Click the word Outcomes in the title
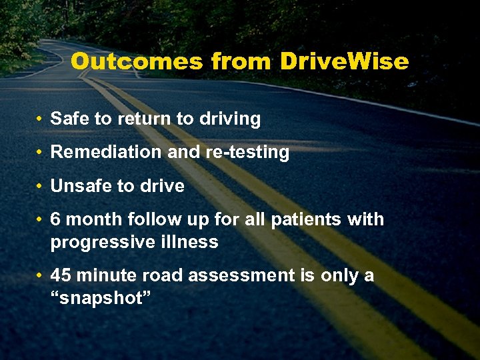pyautogui.click(x=137, y=61)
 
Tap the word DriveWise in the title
pyautogui.click(x=344, y=61)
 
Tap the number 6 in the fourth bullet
pyautogui.click(x=56, y=219)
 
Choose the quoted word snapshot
pyautogui.click(x=101, y=298)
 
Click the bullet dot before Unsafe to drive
pyautogui.click(x=41, y=187)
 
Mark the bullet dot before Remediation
pyautogui.click(x=41, y=153)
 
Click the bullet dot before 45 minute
pyautogui.click(x=41, y=276)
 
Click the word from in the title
pyautogui.click(x=241, y=61)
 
